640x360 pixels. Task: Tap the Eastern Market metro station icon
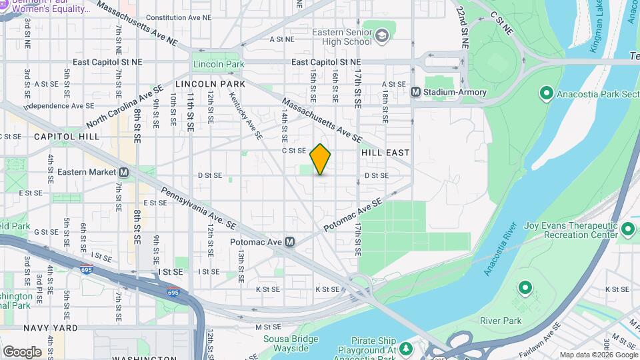coord(124,172)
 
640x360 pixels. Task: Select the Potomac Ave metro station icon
coord(289,242)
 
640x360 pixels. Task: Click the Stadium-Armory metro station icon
coord(415,92)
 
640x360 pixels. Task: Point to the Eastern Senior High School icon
coord(383,35)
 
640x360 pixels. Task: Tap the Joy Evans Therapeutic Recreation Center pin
coord(627,230)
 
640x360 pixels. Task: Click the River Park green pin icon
coord(525,289)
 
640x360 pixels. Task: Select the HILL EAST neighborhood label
coord(385,153)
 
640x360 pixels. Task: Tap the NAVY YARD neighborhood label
coord(50,328)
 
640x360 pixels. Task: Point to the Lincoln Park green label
coord(215,64)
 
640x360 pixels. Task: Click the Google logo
coord(22,351)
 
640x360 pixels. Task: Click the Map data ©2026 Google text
coord(597,355)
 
